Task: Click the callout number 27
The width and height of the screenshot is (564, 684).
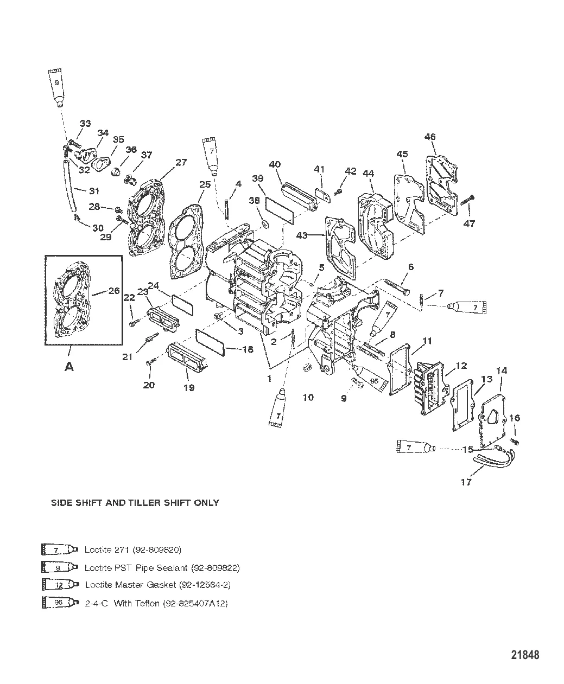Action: (181, 162)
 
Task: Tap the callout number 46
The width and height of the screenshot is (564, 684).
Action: (430, 137)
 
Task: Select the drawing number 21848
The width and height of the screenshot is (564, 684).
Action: (525, 655)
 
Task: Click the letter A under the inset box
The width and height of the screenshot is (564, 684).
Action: (69, 367)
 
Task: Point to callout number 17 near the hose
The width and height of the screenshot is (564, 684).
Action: (466, 482)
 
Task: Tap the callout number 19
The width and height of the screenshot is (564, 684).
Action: (188, 388)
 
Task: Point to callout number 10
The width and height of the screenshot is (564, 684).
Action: (308, 398)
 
